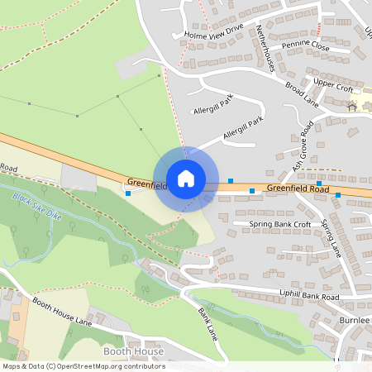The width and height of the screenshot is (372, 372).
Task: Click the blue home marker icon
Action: (x=186, y=179)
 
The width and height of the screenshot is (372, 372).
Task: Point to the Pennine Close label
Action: (x=304, y=47)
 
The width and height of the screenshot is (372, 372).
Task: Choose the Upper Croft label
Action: (x=333, y=83)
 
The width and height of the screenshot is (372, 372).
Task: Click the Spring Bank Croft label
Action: (x=279, y=224)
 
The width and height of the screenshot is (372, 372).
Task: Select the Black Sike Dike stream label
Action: (x=37, y=205)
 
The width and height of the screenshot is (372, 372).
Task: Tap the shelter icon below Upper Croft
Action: (x=352, y=106)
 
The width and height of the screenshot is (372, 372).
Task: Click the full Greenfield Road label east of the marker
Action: (x=298, y=189)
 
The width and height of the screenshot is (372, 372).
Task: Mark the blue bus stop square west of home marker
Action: (x=127, y=193)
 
